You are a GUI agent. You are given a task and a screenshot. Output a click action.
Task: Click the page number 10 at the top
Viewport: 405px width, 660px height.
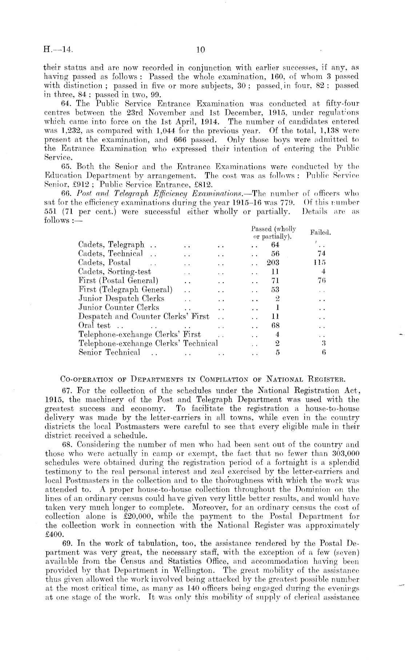[201, 50]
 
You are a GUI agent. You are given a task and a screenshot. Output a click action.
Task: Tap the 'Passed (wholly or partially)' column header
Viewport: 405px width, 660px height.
[273, 233]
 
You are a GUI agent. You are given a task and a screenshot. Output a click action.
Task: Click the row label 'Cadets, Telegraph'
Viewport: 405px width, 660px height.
[111, 245]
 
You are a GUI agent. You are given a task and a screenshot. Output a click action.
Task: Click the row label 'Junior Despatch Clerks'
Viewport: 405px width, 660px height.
[121, 299]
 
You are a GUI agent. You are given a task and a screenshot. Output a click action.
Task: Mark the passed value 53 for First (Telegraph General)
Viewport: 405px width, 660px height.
[275, 289]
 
